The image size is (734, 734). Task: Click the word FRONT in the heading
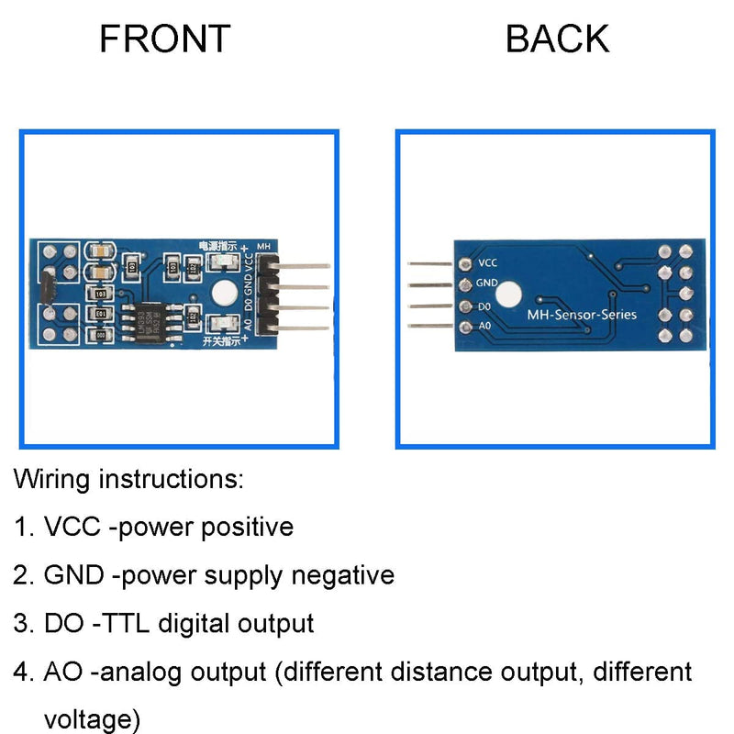pyautogui.click(x=165, y=39)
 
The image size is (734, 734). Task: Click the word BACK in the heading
pyautogui.click(x=557, y=39)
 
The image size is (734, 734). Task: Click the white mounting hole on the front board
pyautogui.click(x=223, y=294)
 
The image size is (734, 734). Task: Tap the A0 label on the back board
pyautogui.click(x=486, y=327)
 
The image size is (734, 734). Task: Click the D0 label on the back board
pyautogui.click(x=486, y=306)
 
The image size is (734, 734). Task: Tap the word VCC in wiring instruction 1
pyautogui.click(x=70, y=528)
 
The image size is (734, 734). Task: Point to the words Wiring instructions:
pyautogui.click(x=128, y=479)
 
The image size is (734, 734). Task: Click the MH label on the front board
pyautogui.click(x=263, y=246)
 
